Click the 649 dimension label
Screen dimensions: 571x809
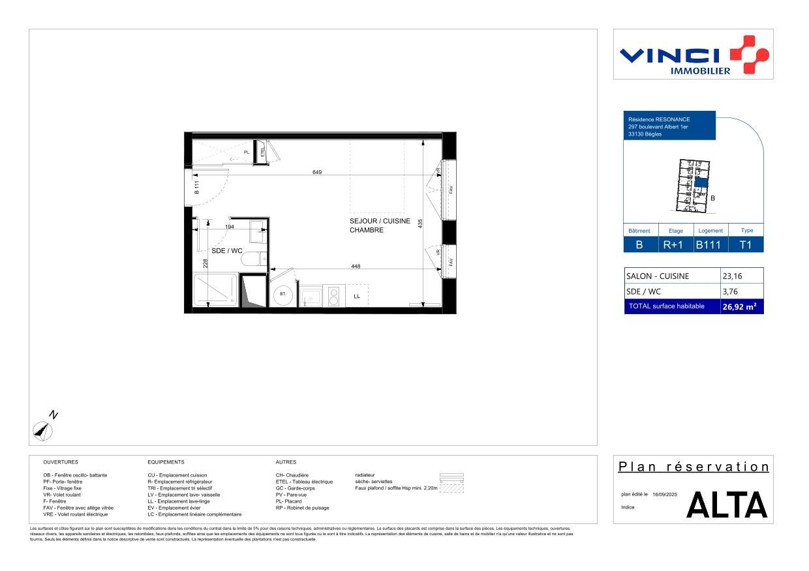[x=317, y=172]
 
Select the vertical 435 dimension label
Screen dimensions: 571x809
[x=421, y=223]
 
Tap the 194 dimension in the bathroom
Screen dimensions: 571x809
[x=230, y=227]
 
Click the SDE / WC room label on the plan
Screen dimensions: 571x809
[x=227, y=250]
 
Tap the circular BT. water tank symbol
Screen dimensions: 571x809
[x=283, y=294]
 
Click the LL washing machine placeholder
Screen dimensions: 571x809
[x=357, y=296]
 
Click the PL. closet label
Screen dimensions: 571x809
[x=247, y=153]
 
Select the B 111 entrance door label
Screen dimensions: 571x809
[x=196, y=188]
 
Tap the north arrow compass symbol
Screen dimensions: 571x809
[x=43, y=428]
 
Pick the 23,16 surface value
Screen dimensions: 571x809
[x=732, y=276]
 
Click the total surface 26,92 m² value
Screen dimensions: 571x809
[x=739, y=306]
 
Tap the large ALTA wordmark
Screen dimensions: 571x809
[x=727, y=505]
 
